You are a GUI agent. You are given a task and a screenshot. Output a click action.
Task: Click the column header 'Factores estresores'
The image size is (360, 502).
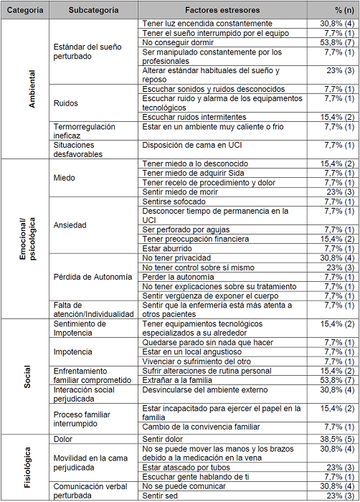pyautogui.click(x=222, y=11)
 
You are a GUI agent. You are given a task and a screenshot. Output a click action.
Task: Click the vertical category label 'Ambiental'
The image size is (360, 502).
pyautogui.click(x=31, y=89)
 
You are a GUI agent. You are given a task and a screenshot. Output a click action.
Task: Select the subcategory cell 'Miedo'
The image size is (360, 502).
pyautogui.click(x=66, y=179)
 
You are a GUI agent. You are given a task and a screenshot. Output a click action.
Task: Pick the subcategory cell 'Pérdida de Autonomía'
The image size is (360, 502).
pyautogui.click(x=93, y=277)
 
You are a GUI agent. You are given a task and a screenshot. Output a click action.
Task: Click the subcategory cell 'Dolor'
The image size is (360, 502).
pyautogui.click(x=65, y=439)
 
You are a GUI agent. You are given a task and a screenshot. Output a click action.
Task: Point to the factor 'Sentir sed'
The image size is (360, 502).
pyautogui.click(x=163, y=496)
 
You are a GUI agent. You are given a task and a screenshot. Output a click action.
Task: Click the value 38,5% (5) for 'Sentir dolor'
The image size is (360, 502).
pyautogui.click(x=335, y=439)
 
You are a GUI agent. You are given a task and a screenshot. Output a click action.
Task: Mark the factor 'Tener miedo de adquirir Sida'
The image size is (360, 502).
pyautogui.click(x=196, y=174)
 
